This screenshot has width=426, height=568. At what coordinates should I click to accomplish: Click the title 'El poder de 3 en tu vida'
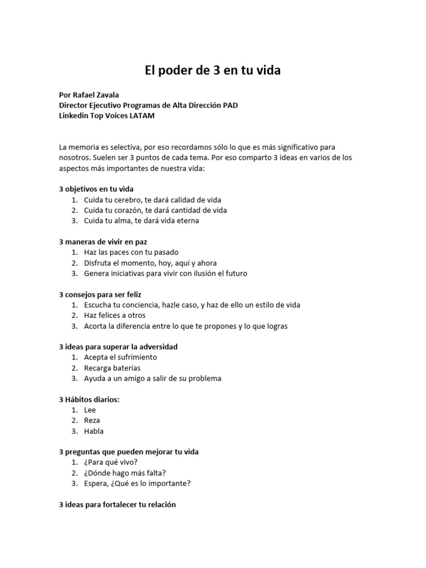(213, 70)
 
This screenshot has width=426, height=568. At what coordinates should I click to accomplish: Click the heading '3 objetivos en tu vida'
(96, 189)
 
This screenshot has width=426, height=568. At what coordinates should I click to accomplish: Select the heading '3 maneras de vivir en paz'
(103, 242)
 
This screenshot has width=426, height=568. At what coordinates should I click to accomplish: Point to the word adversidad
(157, 347)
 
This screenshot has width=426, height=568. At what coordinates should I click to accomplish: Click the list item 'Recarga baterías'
(112, 368)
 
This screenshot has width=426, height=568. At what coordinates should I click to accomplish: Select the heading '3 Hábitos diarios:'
(89, 399)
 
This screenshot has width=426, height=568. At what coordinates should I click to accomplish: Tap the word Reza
(92, 420)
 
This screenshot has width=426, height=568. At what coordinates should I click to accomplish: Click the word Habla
(94, 431)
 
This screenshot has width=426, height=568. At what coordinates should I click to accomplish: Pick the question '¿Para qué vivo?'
(111, 462)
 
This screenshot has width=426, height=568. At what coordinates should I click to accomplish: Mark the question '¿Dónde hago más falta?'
(125, 473)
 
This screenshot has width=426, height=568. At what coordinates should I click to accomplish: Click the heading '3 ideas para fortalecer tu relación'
(117, 505)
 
